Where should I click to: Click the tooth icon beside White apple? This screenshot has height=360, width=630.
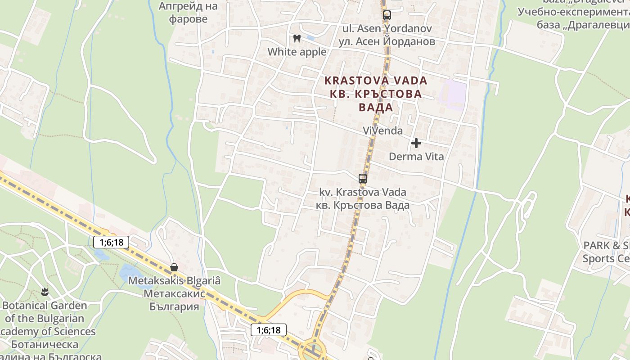297,38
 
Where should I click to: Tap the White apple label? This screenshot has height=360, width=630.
297,52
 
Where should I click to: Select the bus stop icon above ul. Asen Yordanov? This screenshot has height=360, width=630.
387,15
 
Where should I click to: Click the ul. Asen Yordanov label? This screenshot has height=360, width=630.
387,35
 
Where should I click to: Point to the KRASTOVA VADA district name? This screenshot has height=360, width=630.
376,94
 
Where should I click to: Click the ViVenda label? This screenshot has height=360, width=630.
383,130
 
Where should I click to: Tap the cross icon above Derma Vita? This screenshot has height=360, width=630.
416,143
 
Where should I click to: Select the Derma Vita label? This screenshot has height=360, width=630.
416,157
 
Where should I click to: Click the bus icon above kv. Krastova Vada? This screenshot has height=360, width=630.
363,178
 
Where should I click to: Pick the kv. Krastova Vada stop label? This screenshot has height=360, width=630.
363,198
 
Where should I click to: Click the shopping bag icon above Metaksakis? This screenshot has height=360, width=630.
174,267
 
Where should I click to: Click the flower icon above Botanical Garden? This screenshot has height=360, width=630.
45,292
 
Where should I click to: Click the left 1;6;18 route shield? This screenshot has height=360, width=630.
111,242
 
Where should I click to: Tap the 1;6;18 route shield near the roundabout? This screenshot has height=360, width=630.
269,330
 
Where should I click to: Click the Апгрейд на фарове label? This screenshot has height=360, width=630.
188,13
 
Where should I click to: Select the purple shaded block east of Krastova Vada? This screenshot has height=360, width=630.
453,95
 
